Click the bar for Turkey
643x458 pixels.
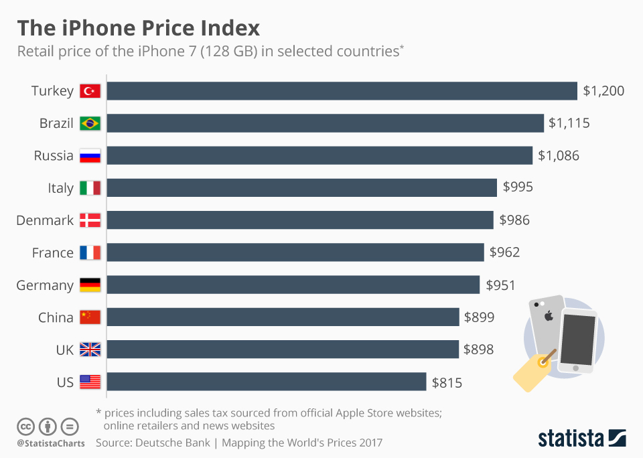pyautogui.click(x=342, y=91)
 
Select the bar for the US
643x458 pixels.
pyautogui.click(x=266, y=382)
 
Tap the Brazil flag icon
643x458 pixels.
pyautogui.click(x=90, y=123)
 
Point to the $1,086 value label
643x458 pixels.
pyautogui.click(x=559, y=156)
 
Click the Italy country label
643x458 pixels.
pyautogui.click(x=60, y=188)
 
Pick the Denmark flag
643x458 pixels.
pyautogui.click(x=90, y=220)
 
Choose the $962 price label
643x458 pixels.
pyautogui.click(x=504, y=252)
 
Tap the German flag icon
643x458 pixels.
pyautogui.click(x=90, y=285)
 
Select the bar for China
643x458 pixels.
pyautogui.click(x=283, y=317)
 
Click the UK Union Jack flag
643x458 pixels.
pyautogui.click(x=90, y=350)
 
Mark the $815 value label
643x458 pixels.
pyautogui.click(x=447, y=383)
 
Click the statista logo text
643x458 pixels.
pyautogui.click(x=570, y=439)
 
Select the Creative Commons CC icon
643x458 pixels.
pyautogui.click(x=26, y=427)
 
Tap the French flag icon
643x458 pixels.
pyautogui.click(x=90, y=252)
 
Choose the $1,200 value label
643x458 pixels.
pyautogui.click(x=603, y=91)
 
